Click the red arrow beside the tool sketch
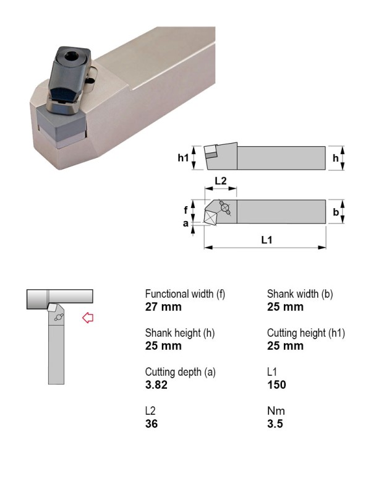click(88, 318)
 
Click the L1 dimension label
click(267, 240)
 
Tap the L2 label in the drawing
click(221, 181)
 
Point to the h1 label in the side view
click(183, 158)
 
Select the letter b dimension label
click(336, 212)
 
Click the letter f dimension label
click(185, 210)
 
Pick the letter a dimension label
click(185, 224)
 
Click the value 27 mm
click(163, 307)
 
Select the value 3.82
click(156, 385)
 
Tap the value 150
click(276, 385)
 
